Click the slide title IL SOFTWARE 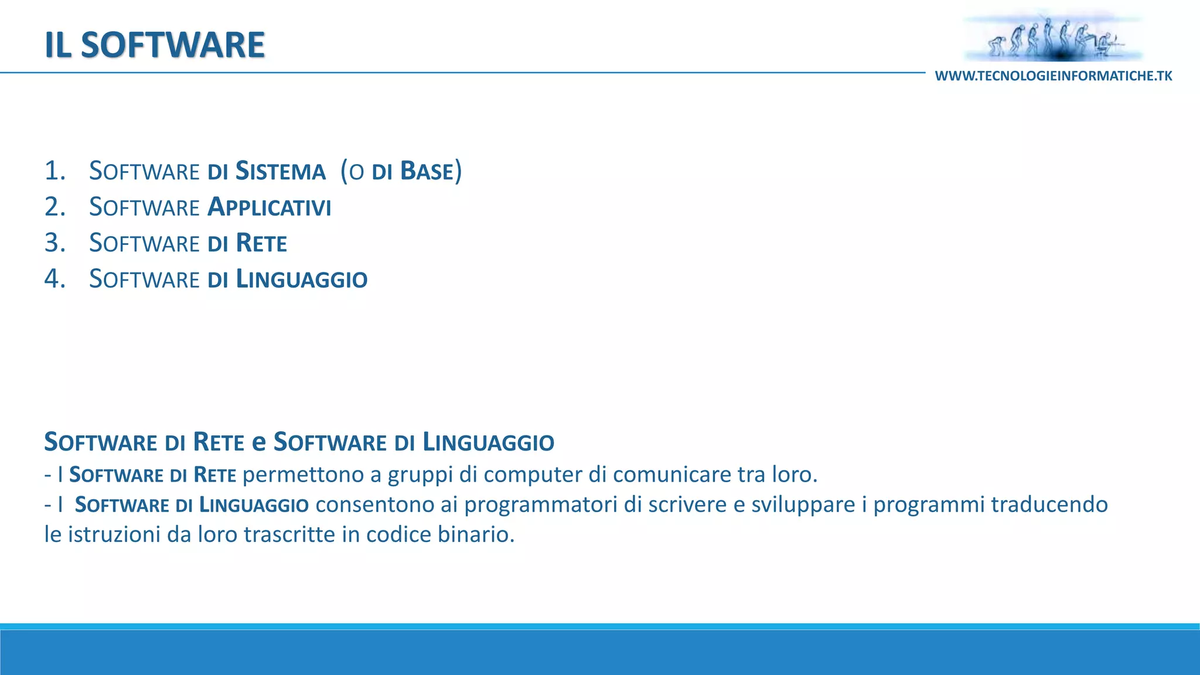[x=155, y=45]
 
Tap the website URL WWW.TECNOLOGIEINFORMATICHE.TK [x=1054, y=76]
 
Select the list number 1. [x=54, y=171]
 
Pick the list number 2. [x=54, y=207]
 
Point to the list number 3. [x=54, y=243]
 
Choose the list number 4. [x=54, y=279]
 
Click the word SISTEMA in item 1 [x=280, y=172]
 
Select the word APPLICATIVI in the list [x=270, y=207]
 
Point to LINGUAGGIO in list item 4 [x=302, y=279]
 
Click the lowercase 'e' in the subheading [x=258, y=442]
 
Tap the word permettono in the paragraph [x=304, y=475]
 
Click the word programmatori [x=541, y=504]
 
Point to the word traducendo [x=1049, y=504]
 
